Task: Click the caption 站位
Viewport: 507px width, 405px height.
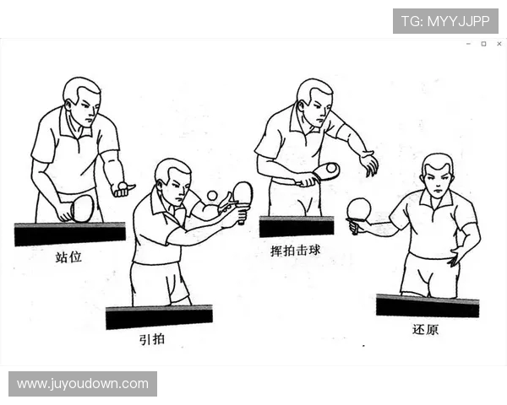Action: coord(68,256)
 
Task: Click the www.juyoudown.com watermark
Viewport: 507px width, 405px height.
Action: coord(83,384)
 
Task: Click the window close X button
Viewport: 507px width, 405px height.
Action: coord(499,43)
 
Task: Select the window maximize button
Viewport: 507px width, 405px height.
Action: coord(483,43)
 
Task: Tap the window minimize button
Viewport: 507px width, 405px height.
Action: coord(468,43)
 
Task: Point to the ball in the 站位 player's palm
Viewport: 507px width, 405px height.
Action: coord(123,185)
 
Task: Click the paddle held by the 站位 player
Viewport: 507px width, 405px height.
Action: coord(81,208)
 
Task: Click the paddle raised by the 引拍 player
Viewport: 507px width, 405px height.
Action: coord(243,193)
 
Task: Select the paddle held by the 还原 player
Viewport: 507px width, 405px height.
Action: coord(359,209)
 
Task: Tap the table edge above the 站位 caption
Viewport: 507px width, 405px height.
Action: coord(69,233)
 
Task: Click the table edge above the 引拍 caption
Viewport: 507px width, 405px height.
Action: coord(158,316)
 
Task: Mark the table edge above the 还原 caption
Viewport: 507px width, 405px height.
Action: coord(427,305)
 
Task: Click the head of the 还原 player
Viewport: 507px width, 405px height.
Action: coord(437,175)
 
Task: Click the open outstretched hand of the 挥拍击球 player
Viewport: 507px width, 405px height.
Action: coord(368,163)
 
